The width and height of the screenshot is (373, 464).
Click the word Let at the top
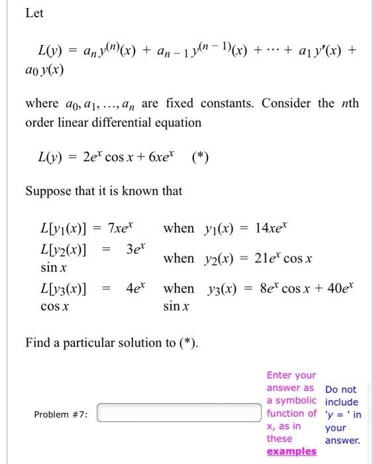tap(34, 13)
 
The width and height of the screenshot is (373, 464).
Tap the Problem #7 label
tap(61, 414)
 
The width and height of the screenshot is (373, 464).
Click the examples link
tap(291, 451)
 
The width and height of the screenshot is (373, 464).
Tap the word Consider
tap(288, 104)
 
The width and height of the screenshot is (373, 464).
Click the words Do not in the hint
tap(341, 390)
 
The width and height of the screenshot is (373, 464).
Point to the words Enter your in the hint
tap(291, 375)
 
